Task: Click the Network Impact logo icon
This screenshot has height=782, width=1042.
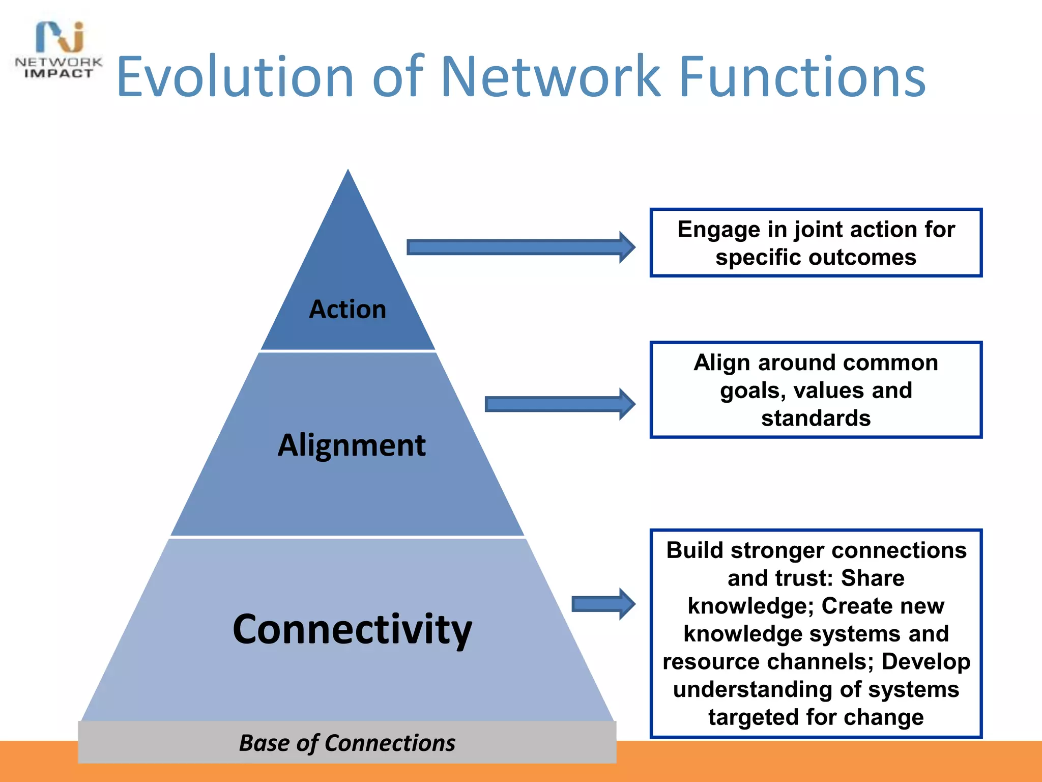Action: click(60, 37)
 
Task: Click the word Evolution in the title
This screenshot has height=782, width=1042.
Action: click(235, 77)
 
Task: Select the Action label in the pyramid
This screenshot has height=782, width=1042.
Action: click(348, 309)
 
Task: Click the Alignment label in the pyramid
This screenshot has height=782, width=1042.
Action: click(351, 445)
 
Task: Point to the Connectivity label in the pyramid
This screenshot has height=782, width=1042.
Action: click(352, 629)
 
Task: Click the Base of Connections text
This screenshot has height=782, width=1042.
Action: click(347, 743)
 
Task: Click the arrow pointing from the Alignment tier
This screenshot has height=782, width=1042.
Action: click(559, 404)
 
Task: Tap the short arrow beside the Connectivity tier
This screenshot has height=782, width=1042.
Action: click(603, 604)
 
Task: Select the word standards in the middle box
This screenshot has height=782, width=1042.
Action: click(816, 418)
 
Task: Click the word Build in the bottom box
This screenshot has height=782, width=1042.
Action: click(696, 550)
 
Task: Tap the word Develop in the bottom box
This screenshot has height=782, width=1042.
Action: click(925, 661)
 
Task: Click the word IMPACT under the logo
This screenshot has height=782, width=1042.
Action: click(59, 74)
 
